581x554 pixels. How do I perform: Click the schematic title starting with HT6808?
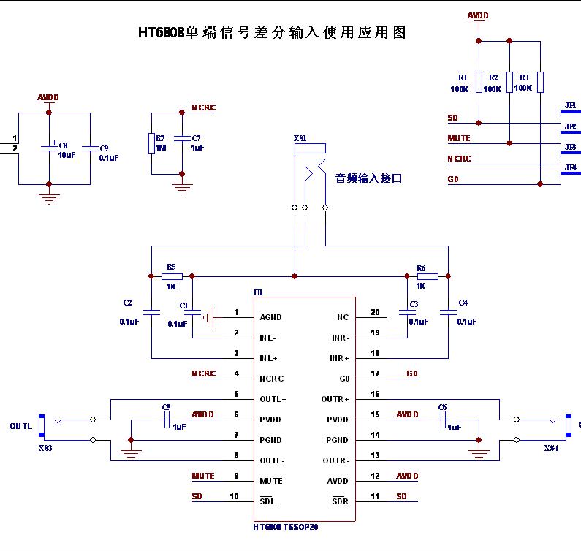272,32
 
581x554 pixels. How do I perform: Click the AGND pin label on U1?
270,317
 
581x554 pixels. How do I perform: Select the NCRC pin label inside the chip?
271,379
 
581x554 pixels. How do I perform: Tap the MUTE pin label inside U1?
271,481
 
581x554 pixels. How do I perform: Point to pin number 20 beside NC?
375,313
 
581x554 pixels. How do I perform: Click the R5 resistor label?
171,267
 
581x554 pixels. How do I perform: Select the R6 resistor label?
421,268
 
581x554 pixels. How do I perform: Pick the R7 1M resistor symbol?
151,143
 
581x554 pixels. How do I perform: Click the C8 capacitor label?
63,145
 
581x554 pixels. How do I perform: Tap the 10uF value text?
67,156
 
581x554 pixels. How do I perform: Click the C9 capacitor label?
104,147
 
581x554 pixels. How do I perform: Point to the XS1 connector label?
300,137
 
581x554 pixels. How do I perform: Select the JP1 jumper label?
571,105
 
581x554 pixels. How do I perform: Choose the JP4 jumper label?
571,167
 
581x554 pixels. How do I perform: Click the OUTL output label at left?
21,425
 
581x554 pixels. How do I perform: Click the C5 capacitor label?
166,406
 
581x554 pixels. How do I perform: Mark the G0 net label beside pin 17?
412,373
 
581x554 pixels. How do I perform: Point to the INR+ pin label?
340,358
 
